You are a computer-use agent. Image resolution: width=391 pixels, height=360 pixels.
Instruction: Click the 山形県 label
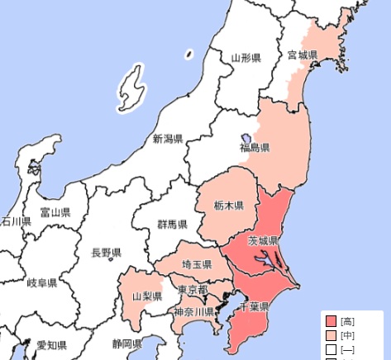pyautogui.click(x=246, y=58)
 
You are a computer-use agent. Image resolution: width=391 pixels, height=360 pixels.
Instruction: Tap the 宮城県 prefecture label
pyautogui.click(x=303, y=55)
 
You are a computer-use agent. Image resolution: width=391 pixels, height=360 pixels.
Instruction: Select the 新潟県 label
pyautogui.click(x=168, y=139)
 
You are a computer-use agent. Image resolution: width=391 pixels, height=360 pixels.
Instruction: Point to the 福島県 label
pyautogui.click(x=255, y=148)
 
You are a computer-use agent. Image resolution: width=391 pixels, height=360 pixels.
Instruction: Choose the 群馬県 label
pyautogui.click(x=173, y=225)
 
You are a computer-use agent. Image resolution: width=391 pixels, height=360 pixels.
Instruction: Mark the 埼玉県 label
pyautogui.click(x=197, y=264)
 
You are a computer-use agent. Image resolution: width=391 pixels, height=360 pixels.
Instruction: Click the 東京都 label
pyautogui.click(x=193, y=290)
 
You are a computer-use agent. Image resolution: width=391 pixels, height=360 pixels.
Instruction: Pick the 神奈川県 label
pyautogui.click(x=194, y=312)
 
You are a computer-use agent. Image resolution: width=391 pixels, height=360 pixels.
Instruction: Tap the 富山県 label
pyautogui.click(x=55, y=212)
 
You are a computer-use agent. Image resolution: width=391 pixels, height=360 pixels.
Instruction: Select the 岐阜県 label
pyautogui.click(x=42, y=283)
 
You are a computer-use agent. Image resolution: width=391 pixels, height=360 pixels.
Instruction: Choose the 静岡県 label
pyautogui.click(x=127, y=343)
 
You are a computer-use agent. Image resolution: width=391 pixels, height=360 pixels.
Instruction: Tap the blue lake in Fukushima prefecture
pyautogui.click(x=246, y=137)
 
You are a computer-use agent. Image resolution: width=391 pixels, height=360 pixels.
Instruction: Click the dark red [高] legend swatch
pyautogui.click(x=331, y=321)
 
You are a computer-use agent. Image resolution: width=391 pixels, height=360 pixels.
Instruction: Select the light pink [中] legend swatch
pyautogui.click(x=331, y=336)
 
